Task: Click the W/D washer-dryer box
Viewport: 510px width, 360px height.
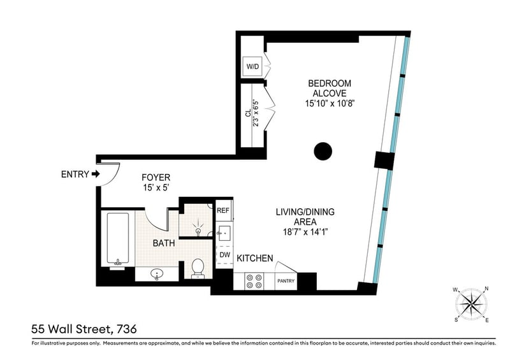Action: click(x=252, y=67)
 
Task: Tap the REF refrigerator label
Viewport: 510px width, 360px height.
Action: click(x=223, y=210)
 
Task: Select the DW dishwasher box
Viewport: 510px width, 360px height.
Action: click(x=225, y=255)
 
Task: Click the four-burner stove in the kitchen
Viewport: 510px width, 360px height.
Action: click(x=254, y=281)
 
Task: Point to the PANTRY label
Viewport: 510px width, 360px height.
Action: click(x=286, y=281)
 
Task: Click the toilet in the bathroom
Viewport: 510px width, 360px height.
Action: click(x=198, y=268)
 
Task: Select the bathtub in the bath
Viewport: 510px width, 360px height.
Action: click(x=117, y=239)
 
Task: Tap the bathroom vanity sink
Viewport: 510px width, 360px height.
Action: click(x=157, y=274)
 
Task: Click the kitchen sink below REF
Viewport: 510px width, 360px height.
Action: click(x=224, y=233)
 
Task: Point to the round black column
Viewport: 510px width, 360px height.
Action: click(x=323, y=151)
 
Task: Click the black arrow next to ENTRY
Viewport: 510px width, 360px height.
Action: click(x=96, y=175)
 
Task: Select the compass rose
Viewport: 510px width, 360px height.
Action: click(x=471, y=305)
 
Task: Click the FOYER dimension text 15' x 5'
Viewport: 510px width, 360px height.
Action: click(x=156, y=187)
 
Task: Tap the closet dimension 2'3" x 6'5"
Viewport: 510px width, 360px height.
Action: click(x=257, y=113)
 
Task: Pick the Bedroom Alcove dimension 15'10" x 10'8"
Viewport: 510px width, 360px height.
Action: click(x=330, y=104)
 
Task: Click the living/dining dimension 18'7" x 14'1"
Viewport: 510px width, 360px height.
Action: click(x=305, y=232)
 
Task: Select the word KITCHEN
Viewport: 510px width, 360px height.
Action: click(x=254, y=258)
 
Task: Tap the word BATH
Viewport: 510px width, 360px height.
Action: click(x=164, y=243)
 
